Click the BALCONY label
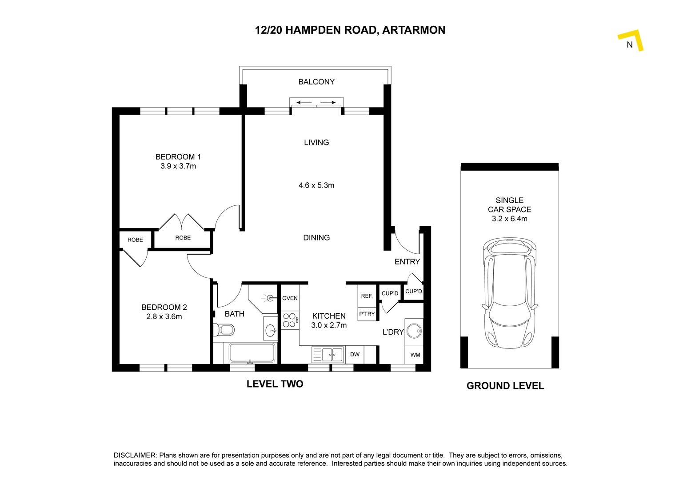[x=316, y=82]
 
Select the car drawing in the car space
[x=510, y=293]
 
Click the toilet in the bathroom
[x=224, y=330]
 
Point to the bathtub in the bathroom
[x=252, y=353]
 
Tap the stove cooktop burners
[x=290, y=320]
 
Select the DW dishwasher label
[x=355, y=354]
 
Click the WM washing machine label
[x=415, y=355]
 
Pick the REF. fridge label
[x=367, y=296]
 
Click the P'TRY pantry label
[x=367, y=314]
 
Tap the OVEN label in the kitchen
[x=290, y=298]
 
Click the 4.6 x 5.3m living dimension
[x=316, y=185]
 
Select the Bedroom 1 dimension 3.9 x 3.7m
[x=178, y=166]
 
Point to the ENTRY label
[x=407, y=261]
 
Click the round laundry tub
[x=414, y=331]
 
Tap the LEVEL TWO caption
[x=275, y=384]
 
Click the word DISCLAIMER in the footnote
[x=135, y=455]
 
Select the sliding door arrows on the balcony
[x=316, y=103]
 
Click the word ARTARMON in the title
[x=413, y=30]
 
